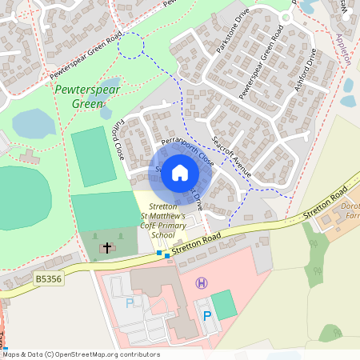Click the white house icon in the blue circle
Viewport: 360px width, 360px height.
tap(180, 172)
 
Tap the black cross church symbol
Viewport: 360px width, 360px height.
tap(107, 248)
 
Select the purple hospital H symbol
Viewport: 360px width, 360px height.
tap(202, 282)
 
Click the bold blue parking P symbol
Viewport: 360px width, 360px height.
tap(207, 316)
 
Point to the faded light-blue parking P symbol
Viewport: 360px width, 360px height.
tap(130, 303)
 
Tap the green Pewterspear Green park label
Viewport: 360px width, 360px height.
tap(83, 97)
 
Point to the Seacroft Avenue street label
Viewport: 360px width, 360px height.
tap(233, 157)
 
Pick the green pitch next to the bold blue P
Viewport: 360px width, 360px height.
tap(225, 304)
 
